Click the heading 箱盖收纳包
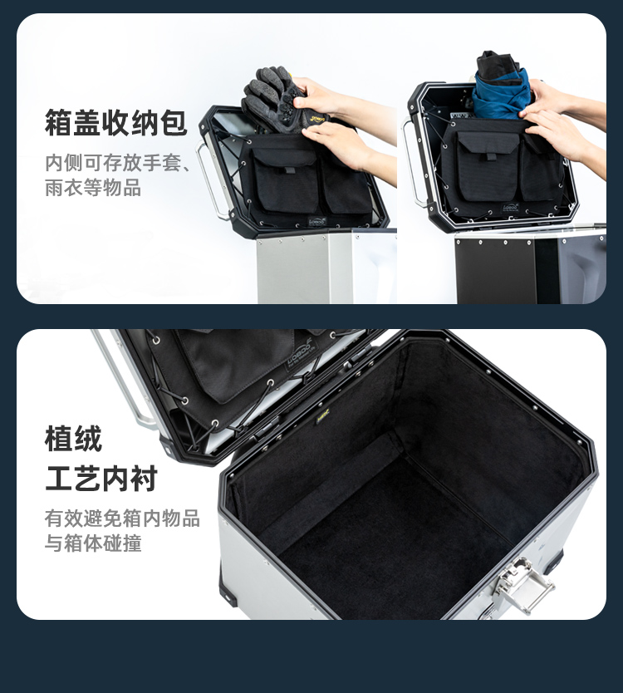pos(115,122)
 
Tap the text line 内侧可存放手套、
pos(118,163)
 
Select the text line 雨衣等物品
pos(93,188)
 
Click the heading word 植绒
pos(73,439)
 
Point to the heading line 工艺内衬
pos(101,479)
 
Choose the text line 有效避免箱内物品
pos(122,518)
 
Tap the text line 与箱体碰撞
pos(93,543)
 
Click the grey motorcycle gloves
pos(282,101)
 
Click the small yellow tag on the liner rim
pos(323,416)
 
